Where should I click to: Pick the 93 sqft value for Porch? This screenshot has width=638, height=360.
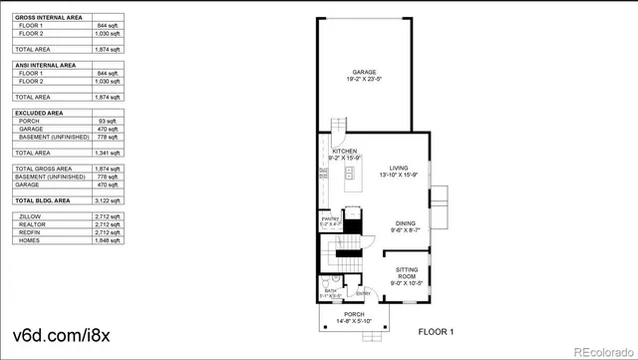coord(109,122)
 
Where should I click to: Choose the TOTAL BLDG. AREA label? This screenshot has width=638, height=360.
coord(41,200)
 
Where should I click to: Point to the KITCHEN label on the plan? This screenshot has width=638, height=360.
coord(331,151)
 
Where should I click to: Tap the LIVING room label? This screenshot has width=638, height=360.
coord(399,168)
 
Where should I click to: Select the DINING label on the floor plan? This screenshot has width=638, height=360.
coord(405,223)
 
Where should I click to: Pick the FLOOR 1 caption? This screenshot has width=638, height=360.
coord(436,331)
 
